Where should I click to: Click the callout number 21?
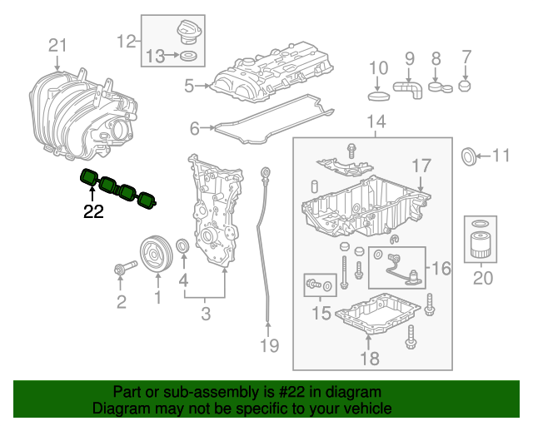point(56,45)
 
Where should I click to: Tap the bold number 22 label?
point(93,211)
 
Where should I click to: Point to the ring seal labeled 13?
point(189,57)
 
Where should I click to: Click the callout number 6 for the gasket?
point(194,128)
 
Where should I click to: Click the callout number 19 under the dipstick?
point(267,344)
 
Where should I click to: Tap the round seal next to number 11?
point(470,156)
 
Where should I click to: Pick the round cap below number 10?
point(378,93)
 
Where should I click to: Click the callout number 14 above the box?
point(376,123)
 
